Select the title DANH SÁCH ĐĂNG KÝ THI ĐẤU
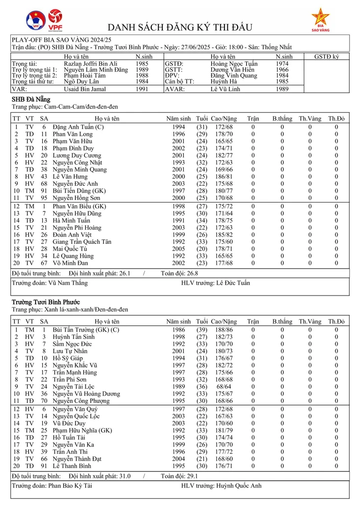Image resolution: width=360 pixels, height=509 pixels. click(x=180, y=27)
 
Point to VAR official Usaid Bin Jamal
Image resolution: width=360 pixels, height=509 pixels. click(x=84, y=89)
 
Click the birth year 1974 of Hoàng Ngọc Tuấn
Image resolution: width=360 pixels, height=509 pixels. click(x=282, y=64)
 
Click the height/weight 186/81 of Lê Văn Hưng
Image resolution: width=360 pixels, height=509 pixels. click(x=223, y=176)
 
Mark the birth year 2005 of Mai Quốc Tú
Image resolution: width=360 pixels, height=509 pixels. click(x=179, y=249)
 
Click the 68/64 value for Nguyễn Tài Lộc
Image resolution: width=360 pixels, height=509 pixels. click(x=223, y=387)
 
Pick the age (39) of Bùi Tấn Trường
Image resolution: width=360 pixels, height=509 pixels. click(x=202, y=330)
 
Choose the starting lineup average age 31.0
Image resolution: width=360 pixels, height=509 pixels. click(x=121, y=476)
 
